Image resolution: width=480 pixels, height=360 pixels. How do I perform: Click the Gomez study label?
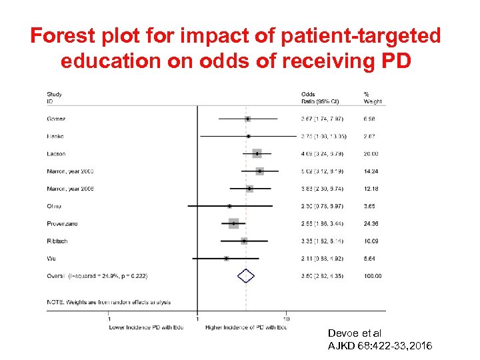tap(56, 119)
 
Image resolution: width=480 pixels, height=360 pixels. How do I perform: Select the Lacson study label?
tap(56, 154)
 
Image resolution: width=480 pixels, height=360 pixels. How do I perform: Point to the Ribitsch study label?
tap(57, 241)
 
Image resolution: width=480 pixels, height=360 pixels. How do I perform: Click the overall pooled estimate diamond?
tap(246, 275)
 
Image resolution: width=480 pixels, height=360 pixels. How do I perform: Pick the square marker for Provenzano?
tap(233, 223)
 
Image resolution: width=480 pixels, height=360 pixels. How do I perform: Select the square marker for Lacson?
tap(257, 154)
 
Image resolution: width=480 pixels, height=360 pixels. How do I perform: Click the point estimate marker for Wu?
tap(227, 258)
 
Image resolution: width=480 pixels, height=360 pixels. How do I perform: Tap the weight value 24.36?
tap(372, 223)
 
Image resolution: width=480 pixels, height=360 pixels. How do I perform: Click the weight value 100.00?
tap(373, 275)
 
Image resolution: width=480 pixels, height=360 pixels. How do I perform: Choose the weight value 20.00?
tap(372, 154)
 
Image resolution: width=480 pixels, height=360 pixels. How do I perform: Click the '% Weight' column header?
tap(373, 98)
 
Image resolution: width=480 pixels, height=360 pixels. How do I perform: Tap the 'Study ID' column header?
tap(54, 98)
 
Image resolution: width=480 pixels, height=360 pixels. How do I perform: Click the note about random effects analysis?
tap(109, 302)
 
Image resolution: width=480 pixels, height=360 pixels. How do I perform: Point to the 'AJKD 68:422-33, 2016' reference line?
tap(380, 345)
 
